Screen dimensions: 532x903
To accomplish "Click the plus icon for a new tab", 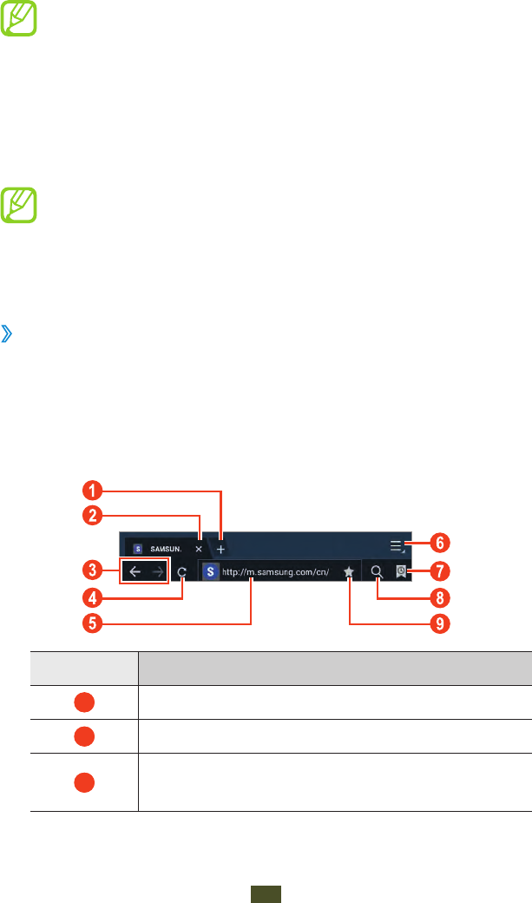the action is [x=220, y=550].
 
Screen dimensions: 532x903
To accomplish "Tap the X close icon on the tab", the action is [x=199, y=550].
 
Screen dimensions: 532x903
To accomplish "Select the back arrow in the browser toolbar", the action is [x=135, y=572].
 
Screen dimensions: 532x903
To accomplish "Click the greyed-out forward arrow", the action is [x=157, y=572].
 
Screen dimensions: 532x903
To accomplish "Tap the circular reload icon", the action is [x=182, y=572].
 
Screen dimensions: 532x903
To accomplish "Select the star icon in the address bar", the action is [x=348, y=572].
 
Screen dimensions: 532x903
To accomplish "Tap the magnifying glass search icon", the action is [x=377, y=572].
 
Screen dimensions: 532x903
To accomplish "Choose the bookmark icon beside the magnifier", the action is [x=401, y=572].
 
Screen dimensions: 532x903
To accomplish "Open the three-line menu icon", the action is [x=397, y=545].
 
